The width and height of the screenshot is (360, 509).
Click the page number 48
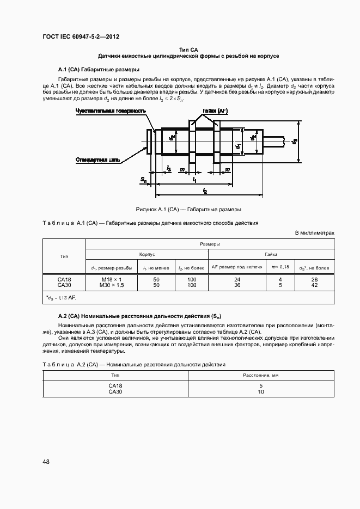pos(46,462)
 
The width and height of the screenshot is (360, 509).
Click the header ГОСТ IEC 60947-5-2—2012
pos(81,37)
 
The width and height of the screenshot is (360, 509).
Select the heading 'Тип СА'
pos(188,50)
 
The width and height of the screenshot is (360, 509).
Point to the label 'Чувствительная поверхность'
pos(111,111)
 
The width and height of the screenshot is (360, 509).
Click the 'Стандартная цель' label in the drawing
pos(98,160)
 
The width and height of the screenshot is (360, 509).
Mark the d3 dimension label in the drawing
pos(295,142)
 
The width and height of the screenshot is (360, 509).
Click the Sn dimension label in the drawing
pos(143,179)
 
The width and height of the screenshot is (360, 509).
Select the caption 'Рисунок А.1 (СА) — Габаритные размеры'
pos(188,209)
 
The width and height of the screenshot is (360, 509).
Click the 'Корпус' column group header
pos(147,254)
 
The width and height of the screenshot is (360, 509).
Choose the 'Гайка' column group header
pos(271,254)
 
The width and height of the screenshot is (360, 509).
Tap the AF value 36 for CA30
pos(237,285)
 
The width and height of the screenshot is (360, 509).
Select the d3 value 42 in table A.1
pos(314,285)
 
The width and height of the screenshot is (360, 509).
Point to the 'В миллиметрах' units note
pos(314,233)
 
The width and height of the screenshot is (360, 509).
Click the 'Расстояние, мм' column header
pos(261,376)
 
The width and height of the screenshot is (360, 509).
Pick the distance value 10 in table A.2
pos(261,391)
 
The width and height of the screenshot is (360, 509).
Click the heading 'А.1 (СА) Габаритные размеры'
pos(99,70)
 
